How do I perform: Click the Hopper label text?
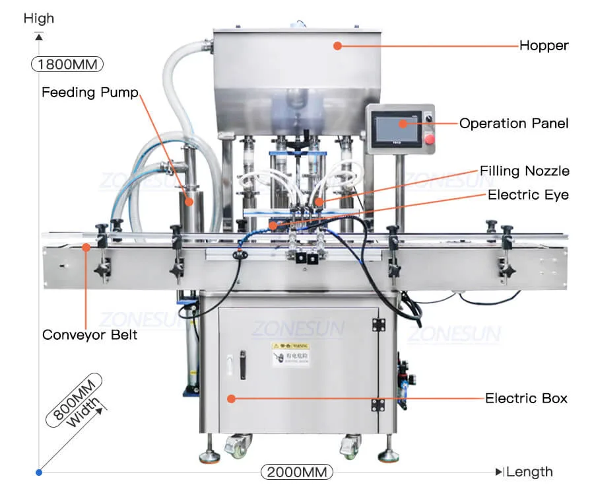(544, 46)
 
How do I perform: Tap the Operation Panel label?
(513, 124)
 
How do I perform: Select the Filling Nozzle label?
(524, 171)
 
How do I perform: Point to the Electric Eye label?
(528, 195)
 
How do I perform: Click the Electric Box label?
(526, 398)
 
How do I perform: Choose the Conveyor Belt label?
(90, 335)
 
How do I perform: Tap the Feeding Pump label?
(90, 93)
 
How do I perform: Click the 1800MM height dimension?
(67, 65)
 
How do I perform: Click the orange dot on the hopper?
(337, 46)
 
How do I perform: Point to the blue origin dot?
(39, 472)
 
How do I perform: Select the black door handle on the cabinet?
(243, 362)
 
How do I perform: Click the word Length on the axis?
(530, 472)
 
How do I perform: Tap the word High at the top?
(39, 19)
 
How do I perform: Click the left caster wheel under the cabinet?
(238, 447)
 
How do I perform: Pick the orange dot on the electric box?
(231, 398)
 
